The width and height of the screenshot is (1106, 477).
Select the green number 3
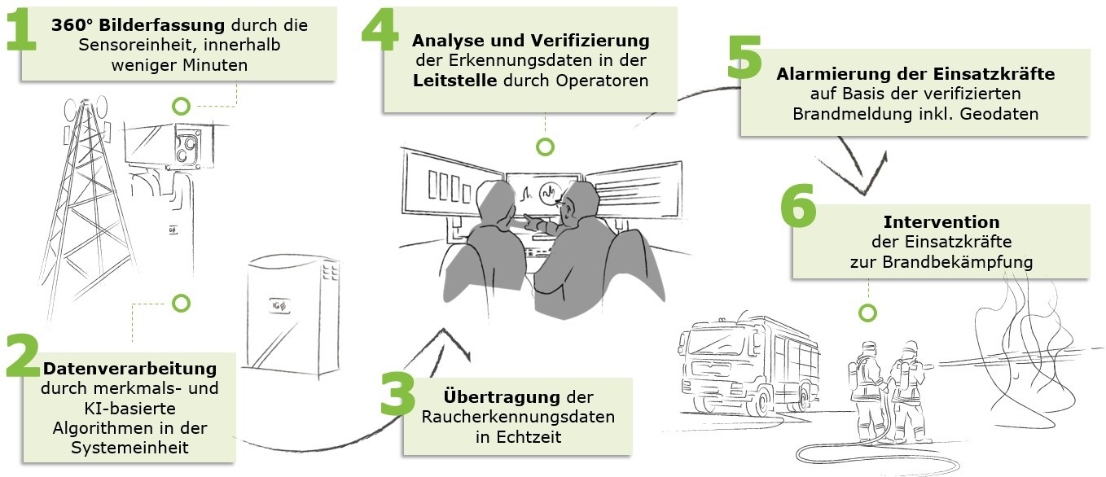[399, 396]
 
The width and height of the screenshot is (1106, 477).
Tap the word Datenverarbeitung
[129, 369]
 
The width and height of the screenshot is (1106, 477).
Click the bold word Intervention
[941, 221]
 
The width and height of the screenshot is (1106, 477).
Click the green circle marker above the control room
[545, 147]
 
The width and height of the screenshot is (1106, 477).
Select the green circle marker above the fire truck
[868, 313]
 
